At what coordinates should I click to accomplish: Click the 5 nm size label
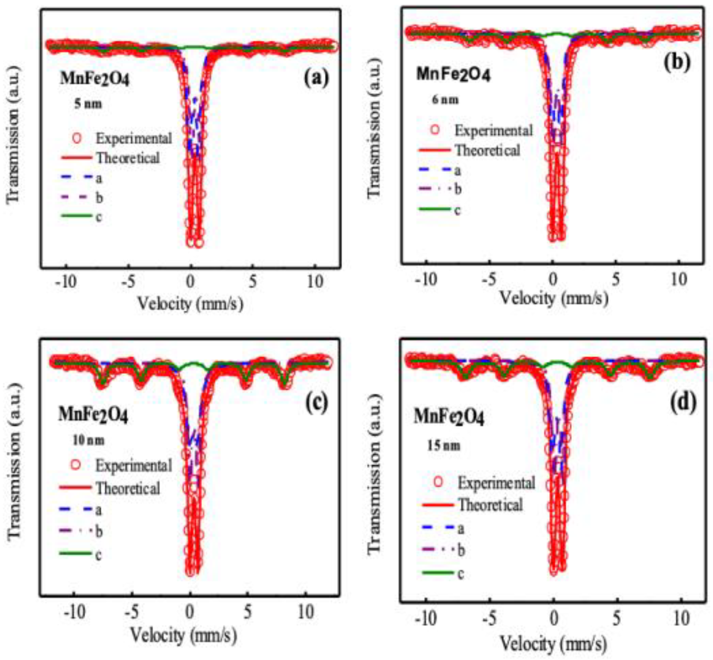click(88, 104)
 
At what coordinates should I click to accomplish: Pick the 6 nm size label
click(445, 100)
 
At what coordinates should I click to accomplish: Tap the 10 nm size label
click(88, 440)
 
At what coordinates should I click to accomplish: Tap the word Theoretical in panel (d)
click(490, 505)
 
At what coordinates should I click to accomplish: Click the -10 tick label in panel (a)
click(66, 282)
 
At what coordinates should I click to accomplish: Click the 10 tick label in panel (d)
click(681, 618)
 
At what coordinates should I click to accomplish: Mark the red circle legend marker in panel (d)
click(438, 482)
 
